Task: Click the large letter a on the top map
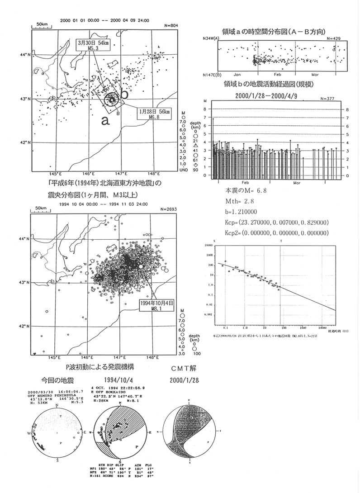point(104,120)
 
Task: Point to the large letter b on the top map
point(124,95)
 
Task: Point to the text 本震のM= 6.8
point(246,190)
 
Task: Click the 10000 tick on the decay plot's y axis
point(208,245)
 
